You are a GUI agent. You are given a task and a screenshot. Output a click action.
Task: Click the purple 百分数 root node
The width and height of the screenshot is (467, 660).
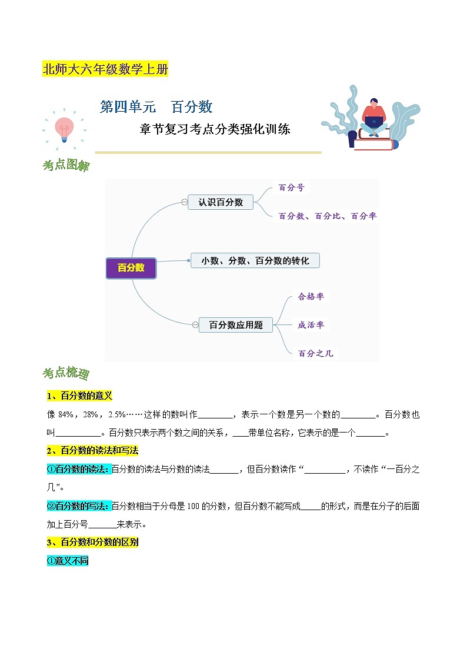pos(131,268)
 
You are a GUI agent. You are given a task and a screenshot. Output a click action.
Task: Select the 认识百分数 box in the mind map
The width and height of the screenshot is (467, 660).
pos(221,202)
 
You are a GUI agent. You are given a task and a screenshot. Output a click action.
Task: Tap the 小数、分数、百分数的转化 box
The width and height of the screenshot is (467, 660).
pos(255,260)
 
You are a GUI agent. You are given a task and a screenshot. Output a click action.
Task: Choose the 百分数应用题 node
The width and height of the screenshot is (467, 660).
pos(236,324)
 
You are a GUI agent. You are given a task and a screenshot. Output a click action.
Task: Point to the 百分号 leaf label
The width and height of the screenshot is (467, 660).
pos(291,187)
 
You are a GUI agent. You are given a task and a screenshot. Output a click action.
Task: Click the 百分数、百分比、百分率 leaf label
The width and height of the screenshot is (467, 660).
pos(328,216)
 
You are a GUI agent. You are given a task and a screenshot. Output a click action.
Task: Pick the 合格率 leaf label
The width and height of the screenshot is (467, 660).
pos(311,297)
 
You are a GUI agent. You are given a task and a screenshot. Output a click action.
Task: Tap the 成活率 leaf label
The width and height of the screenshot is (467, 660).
pos(311,324)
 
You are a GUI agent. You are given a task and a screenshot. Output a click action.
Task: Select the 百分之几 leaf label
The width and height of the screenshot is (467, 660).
pos(315,353)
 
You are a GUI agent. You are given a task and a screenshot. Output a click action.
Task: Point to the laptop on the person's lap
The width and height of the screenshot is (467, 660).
pos(373,122)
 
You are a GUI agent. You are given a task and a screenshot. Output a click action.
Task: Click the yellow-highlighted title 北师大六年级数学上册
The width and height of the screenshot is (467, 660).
pos(105,69)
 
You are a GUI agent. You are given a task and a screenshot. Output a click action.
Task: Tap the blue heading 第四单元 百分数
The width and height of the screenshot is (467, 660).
pos(156,107)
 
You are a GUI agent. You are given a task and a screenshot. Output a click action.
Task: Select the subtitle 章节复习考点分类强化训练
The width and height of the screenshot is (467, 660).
pos(215,129)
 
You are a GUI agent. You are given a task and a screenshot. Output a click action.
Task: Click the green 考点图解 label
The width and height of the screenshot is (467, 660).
pos(66,166)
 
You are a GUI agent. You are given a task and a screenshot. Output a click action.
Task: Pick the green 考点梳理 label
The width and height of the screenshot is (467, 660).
pos(66,374)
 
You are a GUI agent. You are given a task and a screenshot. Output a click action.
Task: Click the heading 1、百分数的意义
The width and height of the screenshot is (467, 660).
pos(79,396)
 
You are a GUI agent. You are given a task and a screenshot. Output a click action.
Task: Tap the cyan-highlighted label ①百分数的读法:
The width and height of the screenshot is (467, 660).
pos(78,469)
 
